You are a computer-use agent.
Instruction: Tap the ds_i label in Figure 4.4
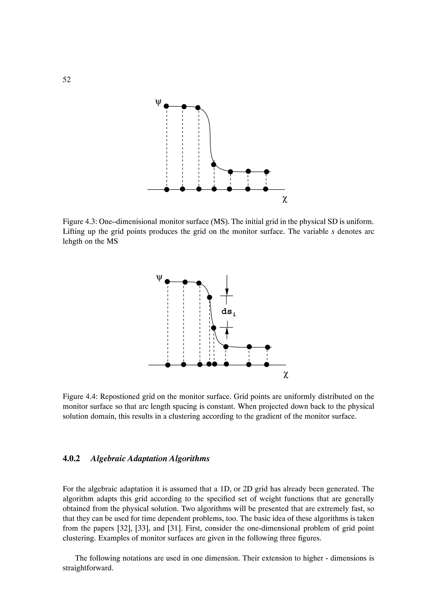229,311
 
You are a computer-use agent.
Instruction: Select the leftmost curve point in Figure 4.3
166,106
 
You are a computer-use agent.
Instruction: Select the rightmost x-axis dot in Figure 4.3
266,189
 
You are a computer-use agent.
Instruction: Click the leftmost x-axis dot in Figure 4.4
167,365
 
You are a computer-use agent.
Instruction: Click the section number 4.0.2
71,458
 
